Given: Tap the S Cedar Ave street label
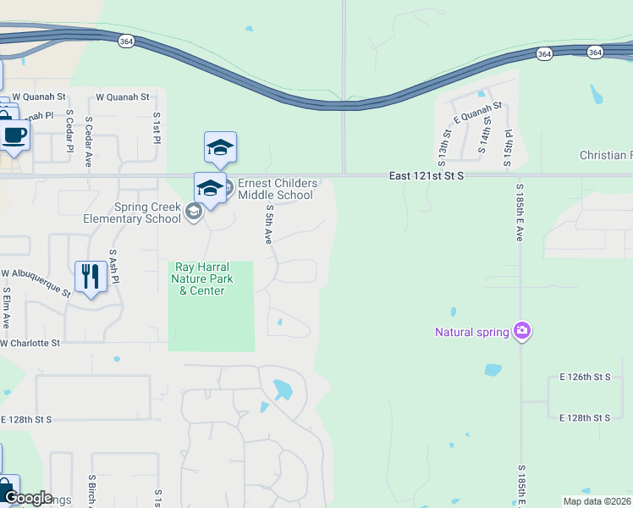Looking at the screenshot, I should (x=88, y=135).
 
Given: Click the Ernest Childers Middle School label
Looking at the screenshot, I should (x=277, y=189).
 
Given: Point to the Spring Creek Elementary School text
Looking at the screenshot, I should (x=131, y=213).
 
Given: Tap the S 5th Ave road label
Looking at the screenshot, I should (x=268, y=224).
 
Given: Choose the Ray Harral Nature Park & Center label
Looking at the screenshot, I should (x=198, y=279).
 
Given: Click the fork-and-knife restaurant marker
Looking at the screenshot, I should (x=91, y=276).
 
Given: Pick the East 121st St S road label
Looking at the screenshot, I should (x=427, y=175).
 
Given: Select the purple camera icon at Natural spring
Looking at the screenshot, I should (x=522, y=331).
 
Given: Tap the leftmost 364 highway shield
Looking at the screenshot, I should (x=125, y=41).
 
